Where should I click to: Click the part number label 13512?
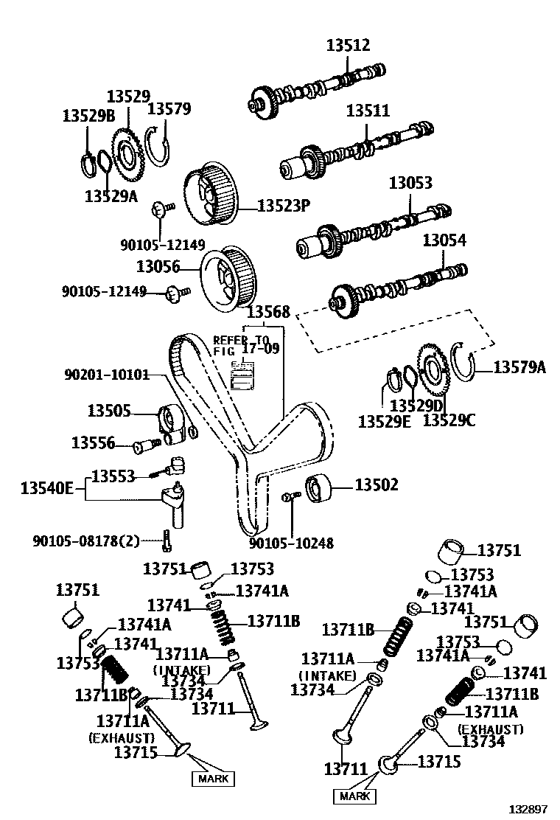[349, 46]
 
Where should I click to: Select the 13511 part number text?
[368, 111]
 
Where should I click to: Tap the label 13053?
[410, 182]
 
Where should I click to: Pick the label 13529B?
[88, 115]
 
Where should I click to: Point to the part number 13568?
[267, 312]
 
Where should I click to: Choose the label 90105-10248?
[290, 543]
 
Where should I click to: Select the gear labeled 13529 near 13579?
[127, 153]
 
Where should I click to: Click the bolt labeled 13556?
[146, 445]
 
